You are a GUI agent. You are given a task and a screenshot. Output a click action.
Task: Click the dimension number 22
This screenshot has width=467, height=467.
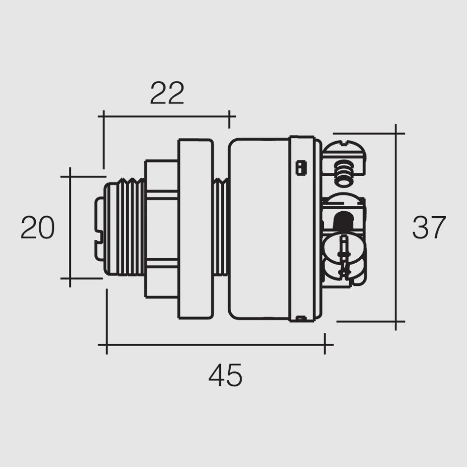pyautogui.click(x=167, y=93)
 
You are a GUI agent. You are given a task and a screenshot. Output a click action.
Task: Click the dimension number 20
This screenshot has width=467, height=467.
pyautogui.click(x=37, y=228)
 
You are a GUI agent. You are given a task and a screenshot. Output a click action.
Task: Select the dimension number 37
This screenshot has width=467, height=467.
pyautogui.click(x=429, y=228)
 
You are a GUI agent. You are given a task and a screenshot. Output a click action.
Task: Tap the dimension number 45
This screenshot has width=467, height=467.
pyautogui.click(x=225, y=375)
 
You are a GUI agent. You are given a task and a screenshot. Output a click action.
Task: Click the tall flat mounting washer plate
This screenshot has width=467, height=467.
pyautogui.click(x=195, y=228)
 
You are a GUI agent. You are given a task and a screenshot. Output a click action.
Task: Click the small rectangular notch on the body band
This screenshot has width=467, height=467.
pyautogui.click(x=300, y=167)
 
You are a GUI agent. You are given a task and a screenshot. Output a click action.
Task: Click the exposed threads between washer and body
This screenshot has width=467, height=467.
pyautogui.click(x=221, y=228)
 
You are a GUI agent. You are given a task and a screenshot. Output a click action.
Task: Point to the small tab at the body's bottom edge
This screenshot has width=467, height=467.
pyautogui.click(x=301, y=318)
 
